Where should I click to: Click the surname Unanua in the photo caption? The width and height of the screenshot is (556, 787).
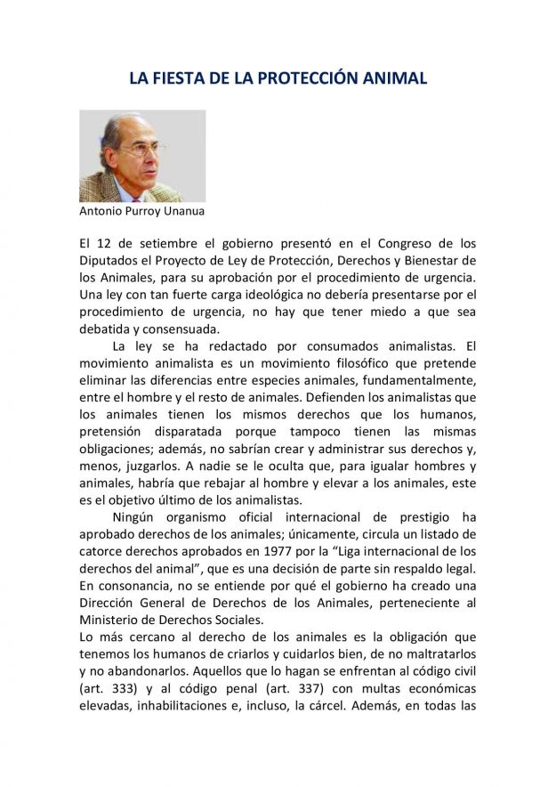tap(189, 213)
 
